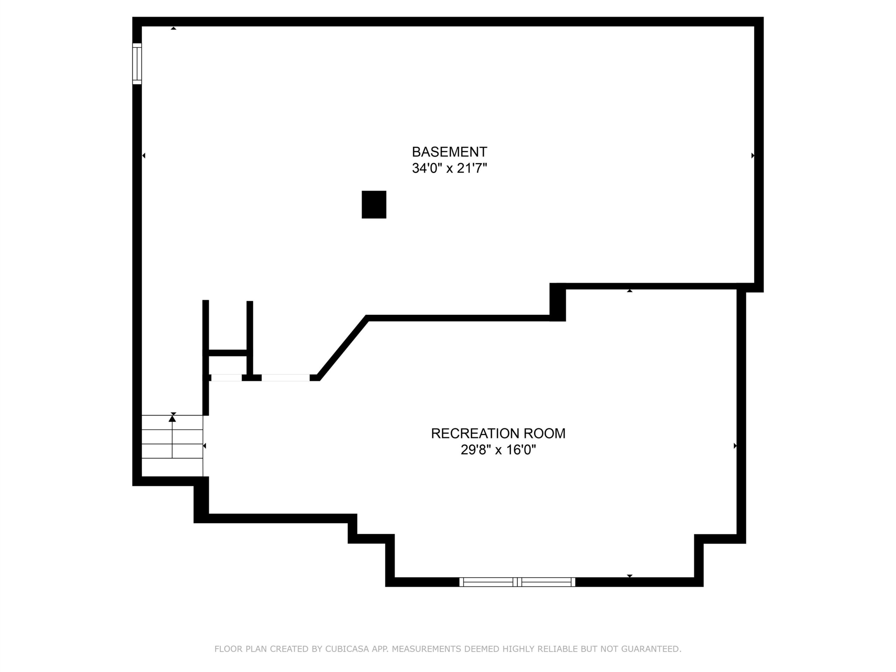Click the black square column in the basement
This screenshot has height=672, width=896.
[374, 204]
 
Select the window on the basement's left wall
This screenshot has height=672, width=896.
[137, 64]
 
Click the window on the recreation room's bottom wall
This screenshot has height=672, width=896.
[517, 582]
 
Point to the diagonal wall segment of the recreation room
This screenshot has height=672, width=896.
[342, 348]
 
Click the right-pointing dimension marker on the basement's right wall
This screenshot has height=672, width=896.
[752, 155]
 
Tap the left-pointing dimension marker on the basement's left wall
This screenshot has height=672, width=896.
[143, 155]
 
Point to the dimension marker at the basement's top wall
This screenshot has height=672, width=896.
[173, 28]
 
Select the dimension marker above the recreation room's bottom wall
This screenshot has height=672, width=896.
[629, 576]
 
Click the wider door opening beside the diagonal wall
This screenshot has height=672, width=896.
[286, 378]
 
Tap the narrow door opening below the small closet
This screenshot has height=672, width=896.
[226, 378]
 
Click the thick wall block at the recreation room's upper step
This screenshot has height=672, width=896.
[557, 302]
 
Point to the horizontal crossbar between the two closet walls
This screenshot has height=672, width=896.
[227, 353]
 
